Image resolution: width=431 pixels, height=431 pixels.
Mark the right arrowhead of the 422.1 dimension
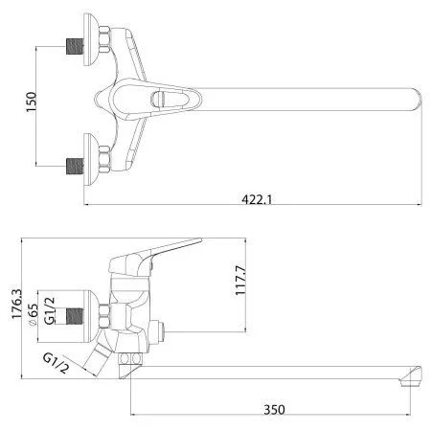tap(420, 205)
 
